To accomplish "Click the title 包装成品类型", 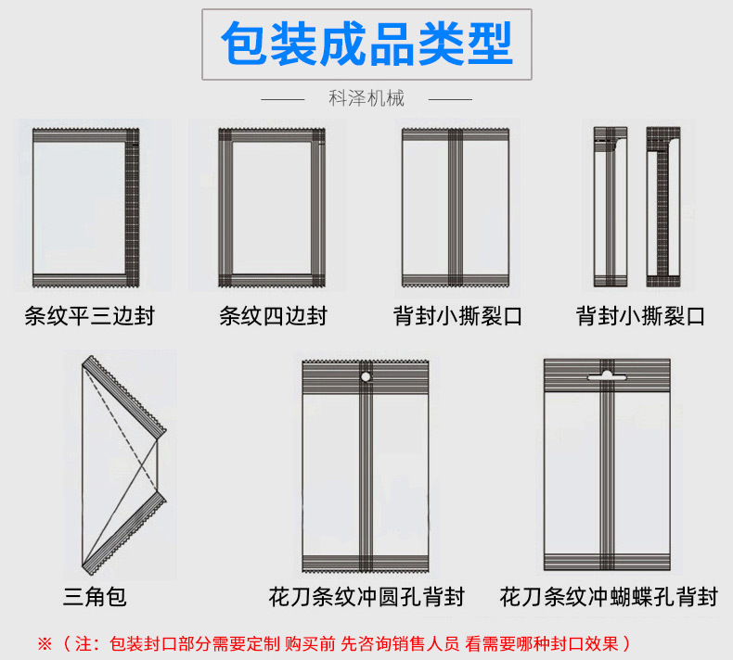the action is pyautogui.click(x=366, y=44).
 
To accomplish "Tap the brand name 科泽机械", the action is pyautogui.click(x=366, y=98).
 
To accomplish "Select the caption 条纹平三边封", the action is pyautogui.click(x=89, y=316).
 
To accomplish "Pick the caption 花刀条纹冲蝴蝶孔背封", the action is pyautogui.click(x=609, y=596).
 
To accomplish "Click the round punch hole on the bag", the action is pyautogui.click(x=366, y=376).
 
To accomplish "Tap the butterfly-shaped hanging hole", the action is pyautogui.click(x=606, y=374).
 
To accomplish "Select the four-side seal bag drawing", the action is pyautogui.click(x=273, y=208).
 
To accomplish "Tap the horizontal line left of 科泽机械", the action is pyautogui.click(x=283, y=98).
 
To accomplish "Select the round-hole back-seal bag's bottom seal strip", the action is pyautogui.click(x=366, y=561).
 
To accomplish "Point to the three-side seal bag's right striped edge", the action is pyautogui.click(x=132, y=208).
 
